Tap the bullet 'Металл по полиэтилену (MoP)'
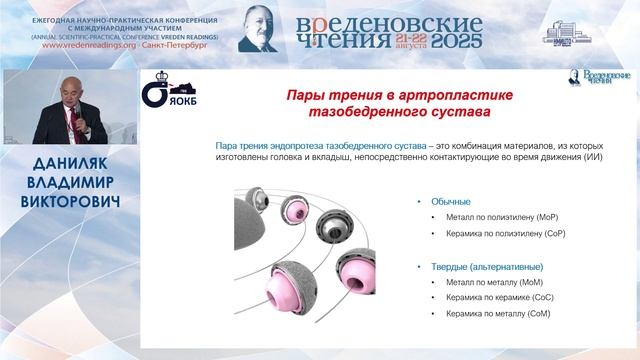pyautogui.click(x=492, y=217)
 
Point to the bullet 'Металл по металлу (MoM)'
pyautogui.click(x=484, y=283)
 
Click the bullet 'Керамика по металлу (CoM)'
pyautogui.click(x=490, y=315)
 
